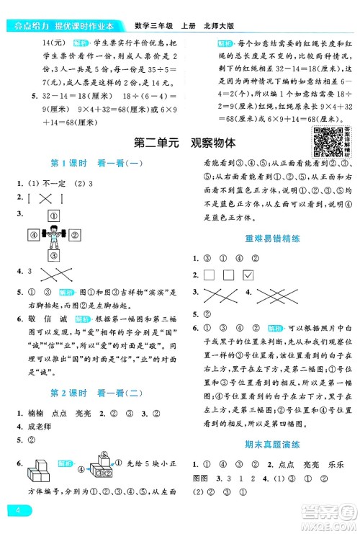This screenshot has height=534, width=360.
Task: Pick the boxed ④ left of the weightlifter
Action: point(33,233)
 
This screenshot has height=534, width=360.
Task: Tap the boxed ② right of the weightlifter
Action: point(72,233)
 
